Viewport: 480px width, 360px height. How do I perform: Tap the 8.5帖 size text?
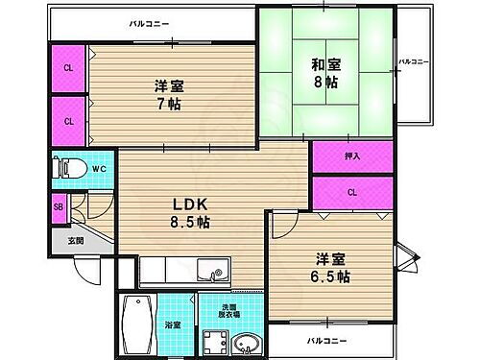tap(192, 222)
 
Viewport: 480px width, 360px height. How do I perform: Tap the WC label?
tap(99, 171)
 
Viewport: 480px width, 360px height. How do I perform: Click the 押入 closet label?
tap(352, 154)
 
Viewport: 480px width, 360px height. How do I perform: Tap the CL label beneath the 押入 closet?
tap(352, 191)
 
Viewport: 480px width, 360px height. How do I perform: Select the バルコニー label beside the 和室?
tap(415, 61)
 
